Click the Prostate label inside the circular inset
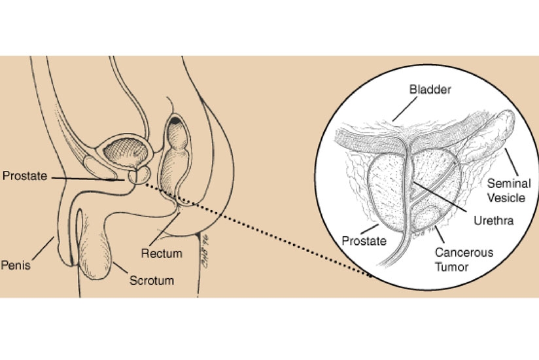tap(361, 241)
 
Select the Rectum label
tap(160, 251)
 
